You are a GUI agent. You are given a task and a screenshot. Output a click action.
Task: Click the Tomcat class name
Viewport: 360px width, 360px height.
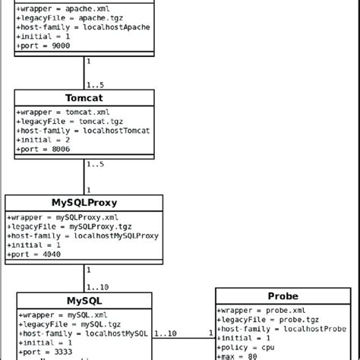coord(84,98)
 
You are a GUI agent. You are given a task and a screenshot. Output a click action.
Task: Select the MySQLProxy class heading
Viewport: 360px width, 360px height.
coord(84,203)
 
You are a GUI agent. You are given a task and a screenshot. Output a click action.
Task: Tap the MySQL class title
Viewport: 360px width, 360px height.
coord(84,301)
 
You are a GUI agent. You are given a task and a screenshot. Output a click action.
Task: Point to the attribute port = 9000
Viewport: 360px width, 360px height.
coord(43,46)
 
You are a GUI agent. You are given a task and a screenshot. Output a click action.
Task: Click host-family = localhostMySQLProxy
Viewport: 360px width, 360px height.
coord(84,235)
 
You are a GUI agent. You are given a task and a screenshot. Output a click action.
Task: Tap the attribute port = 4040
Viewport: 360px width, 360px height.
coord(34,254)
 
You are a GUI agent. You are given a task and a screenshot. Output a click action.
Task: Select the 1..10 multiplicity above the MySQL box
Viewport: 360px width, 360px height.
coord(98,286)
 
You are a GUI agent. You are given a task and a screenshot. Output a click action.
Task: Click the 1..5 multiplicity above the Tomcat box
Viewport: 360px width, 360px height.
coord(95,84)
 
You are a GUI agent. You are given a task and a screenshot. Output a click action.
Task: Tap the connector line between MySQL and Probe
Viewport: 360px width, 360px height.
coord(184,339)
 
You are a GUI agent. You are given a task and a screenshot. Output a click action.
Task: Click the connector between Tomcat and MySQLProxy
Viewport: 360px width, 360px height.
coord(84,176)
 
